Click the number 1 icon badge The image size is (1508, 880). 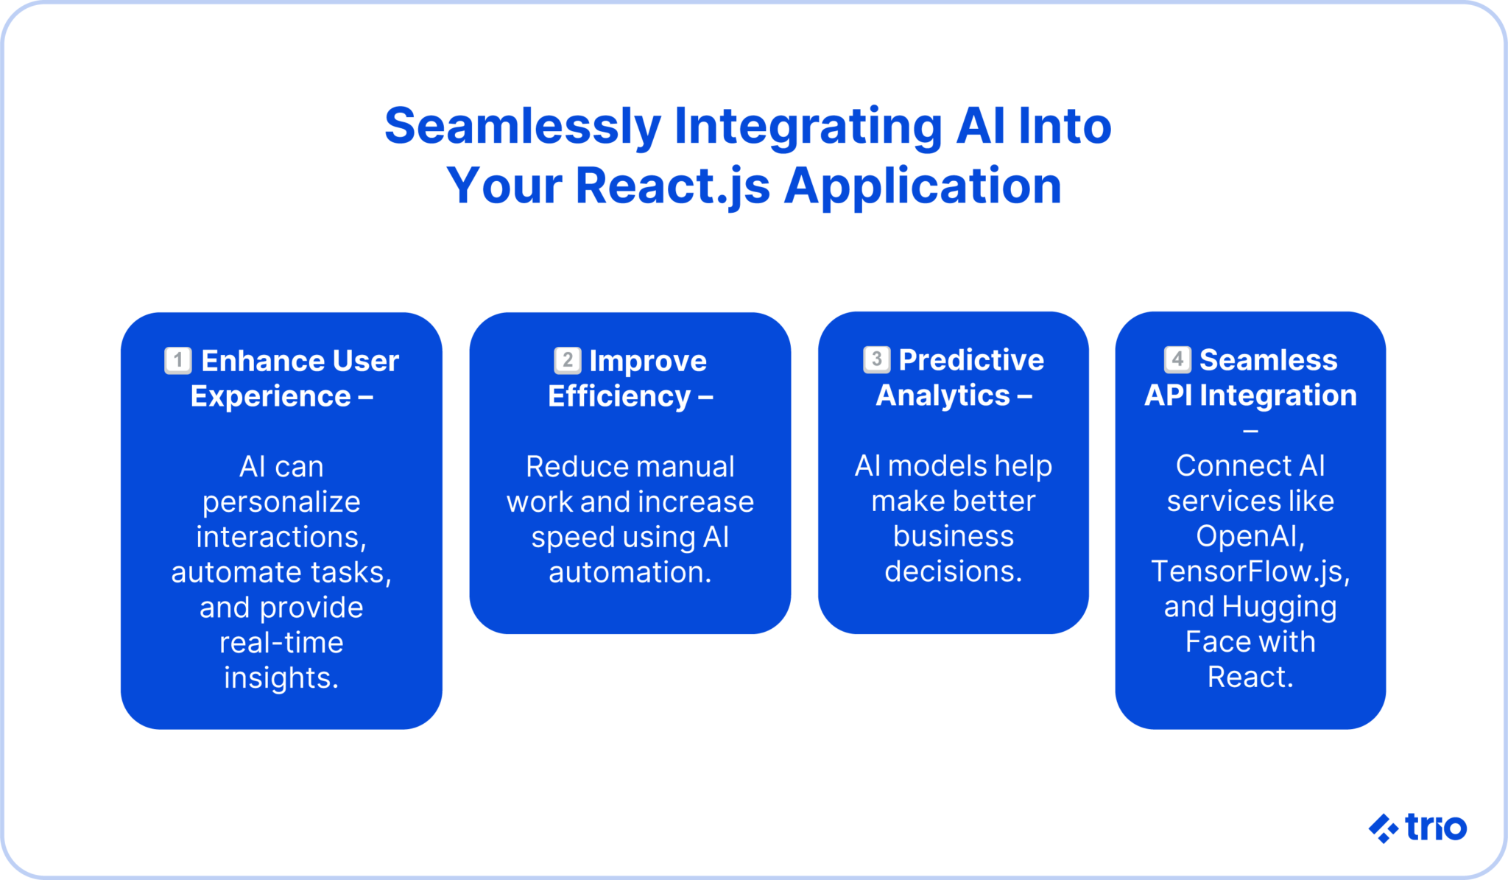pyautogui.click(x=177, y=361)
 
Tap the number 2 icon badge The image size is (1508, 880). pyautogui.click(x=567, y=361)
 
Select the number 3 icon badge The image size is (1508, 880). pyautogui.click(x=876, y=359)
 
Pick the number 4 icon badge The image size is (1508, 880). pyautogui.click(x=1177, y=359)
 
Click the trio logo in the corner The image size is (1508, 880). pyautogui.click(x=1417, y=828)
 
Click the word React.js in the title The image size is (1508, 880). pyautogui.click(x=672, y=186)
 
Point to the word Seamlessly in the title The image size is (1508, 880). pyautogui.click(x=522, y=126)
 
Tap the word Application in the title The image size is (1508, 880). pyautogui.click(x=923, y=186)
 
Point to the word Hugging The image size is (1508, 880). pyautogui.click(x=1279, y=607)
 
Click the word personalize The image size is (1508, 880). pyautogui.click(x=281, y=502)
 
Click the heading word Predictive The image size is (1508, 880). pyautogui.click(x=971, y=360)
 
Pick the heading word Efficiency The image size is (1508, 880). pyautogui.click(x=619, y=396)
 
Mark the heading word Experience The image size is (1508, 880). pyautogui.click(x=270, y=396)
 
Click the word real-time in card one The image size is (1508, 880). pyautogui.click(x=281, y=643)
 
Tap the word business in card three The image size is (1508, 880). pyautogui.click(x=954, y=536)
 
